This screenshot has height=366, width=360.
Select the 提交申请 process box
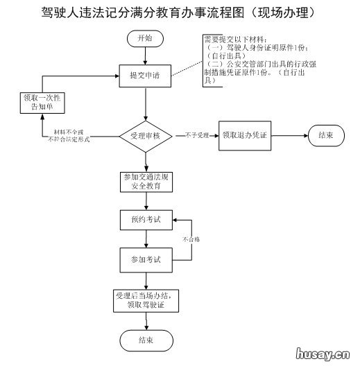(145, 75)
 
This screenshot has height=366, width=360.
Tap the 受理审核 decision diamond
(145, 136)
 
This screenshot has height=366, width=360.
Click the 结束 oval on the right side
(325, 136)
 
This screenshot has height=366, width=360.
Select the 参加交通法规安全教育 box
(145, 181)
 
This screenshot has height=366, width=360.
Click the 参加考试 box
(145, 259)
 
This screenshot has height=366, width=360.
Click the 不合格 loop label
(191, 239)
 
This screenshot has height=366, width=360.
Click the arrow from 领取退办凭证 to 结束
(285, 136)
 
